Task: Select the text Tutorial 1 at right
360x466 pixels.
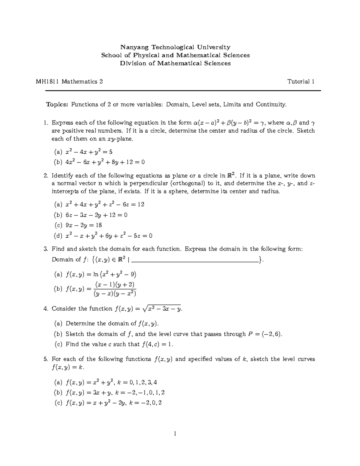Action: point(301,82)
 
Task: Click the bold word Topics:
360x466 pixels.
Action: point(57,104)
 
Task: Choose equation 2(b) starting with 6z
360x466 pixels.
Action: point(96,215)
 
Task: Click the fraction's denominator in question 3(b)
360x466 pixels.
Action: point(115,294)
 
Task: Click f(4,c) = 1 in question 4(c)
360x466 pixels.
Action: point(157,344)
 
